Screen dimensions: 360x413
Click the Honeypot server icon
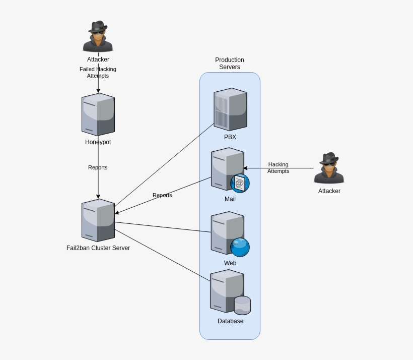[98, 114]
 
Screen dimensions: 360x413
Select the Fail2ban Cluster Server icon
[98, 220]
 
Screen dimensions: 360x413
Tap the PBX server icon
[230, 109]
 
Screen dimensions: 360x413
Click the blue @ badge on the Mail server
[240, 183]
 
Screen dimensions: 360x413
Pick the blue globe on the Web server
[240, 247]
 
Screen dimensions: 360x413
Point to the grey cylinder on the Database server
[242, 305]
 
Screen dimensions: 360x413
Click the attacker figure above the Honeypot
[98, 37]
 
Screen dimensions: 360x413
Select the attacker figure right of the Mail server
[329, 168]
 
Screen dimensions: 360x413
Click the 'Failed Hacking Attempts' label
[98, 72]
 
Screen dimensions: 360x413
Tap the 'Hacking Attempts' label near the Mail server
[278, 168]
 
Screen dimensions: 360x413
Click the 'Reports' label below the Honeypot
[98, 167]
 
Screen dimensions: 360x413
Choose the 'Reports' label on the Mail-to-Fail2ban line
[162, 195]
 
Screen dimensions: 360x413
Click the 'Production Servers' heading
[230, 63]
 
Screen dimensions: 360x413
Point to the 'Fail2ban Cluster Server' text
[98, 248]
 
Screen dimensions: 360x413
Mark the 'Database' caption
[230, 321]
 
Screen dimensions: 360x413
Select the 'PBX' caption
[230, 137]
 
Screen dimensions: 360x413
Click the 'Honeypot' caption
[98, 142]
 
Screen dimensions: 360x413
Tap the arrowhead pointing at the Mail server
[245, 168]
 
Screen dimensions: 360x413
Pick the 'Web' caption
[230, 263]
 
